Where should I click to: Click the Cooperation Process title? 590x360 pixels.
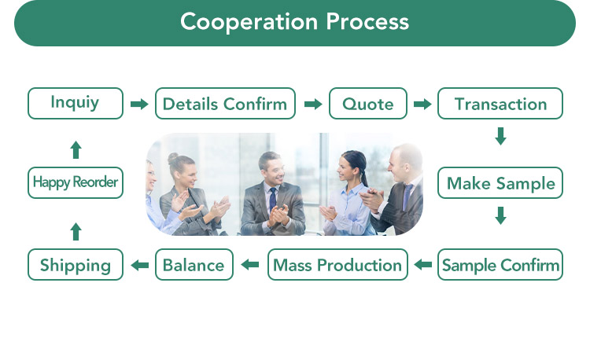pos(294,21)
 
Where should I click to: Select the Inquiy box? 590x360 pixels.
pos(76,103)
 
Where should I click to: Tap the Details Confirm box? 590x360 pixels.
pos(225,104)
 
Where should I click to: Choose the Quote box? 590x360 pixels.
pos(367,104)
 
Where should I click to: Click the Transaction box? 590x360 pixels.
pos(500,104)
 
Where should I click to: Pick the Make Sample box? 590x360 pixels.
pos(500,183)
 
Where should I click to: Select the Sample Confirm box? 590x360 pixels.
pos(500,265)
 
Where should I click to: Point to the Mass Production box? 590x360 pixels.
pos(337,265)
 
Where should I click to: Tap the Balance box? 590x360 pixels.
pos(194,265)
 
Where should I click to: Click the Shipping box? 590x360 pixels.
pos(76,265)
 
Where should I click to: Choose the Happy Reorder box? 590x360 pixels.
pos(76,182)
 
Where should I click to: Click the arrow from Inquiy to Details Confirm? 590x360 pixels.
pos(139,104)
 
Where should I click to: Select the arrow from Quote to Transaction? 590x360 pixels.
pos(422,104)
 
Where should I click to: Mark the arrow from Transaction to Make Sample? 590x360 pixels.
pos(500,136)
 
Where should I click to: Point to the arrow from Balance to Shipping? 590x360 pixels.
pos(139,265)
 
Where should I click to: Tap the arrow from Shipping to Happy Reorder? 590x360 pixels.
pos(76,230)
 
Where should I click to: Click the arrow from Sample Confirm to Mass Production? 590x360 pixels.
pos(423,265)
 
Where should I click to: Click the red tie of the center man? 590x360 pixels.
pos(272,197)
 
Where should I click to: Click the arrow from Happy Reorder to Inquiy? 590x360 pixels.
pos(76,149)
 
